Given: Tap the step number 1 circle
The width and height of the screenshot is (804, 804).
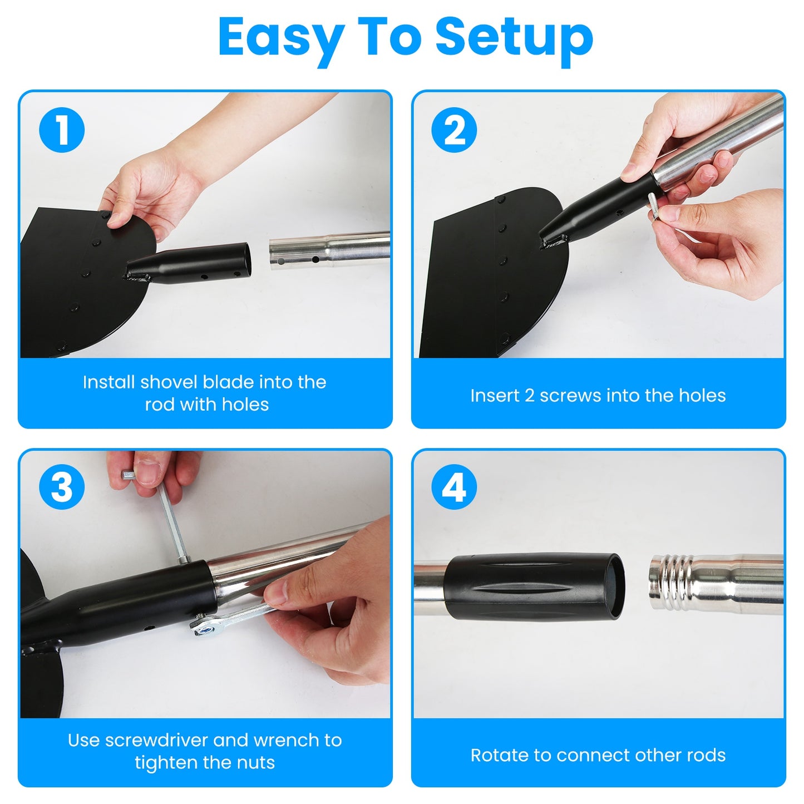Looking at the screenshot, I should [62, 130].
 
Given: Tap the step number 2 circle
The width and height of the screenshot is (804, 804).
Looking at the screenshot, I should [455, 130].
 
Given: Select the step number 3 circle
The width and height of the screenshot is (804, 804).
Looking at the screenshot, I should [62, 487].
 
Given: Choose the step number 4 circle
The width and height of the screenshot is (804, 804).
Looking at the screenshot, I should [455, 487].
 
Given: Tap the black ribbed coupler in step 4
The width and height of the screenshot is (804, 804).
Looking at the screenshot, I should [534, 586].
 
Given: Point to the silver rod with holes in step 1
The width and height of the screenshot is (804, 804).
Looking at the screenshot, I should [328, 250].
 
